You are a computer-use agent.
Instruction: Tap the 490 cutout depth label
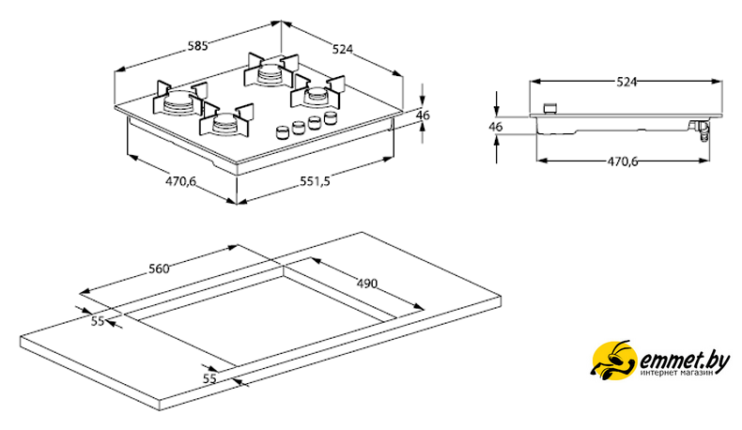(368, 284)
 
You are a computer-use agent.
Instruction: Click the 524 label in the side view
(626, 82)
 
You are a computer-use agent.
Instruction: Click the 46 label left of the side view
(496, 126)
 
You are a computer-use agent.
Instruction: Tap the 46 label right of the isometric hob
(423, 115)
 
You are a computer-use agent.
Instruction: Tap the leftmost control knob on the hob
(283, 131)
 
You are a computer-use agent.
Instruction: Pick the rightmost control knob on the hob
(330, 117)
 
